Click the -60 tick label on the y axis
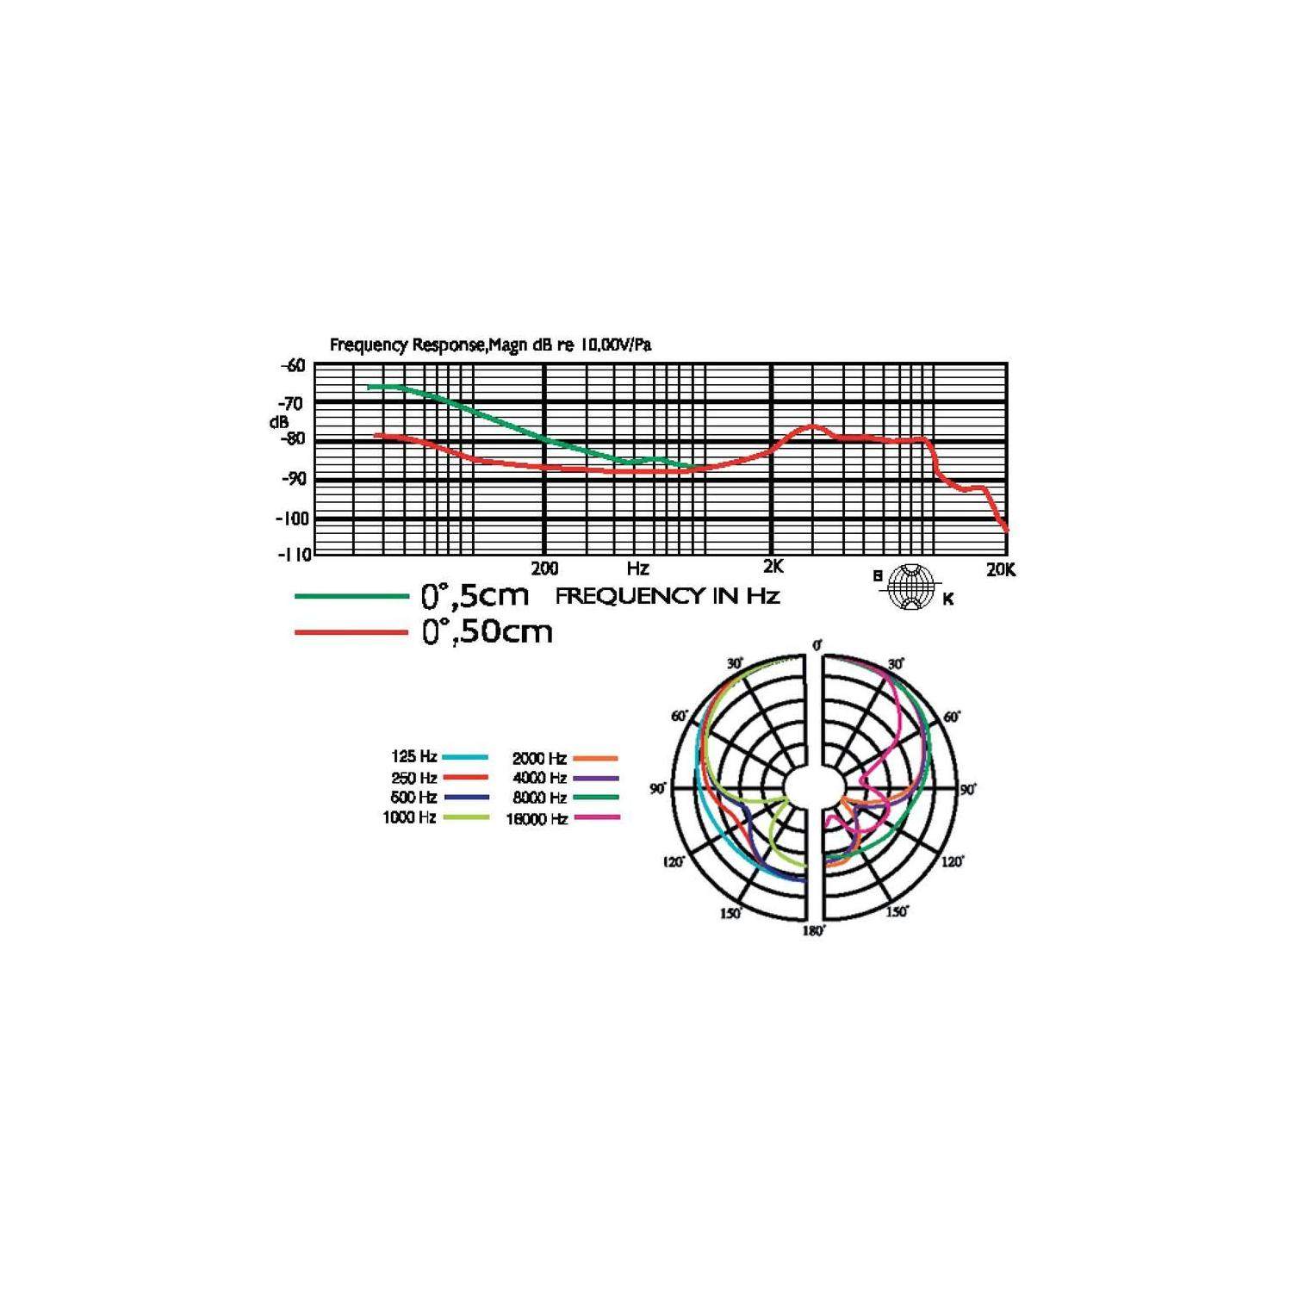coord(293,365)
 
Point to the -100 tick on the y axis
coord(291,519)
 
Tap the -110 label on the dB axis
coord(293,554)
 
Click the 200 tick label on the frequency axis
coord(544,568)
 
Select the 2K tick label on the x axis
coord(773,567)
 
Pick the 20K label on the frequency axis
coord(1001,569)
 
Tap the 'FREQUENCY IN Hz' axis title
coord(668,596)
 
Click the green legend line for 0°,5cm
coord(351,596)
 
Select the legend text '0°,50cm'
coord(487,632)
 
